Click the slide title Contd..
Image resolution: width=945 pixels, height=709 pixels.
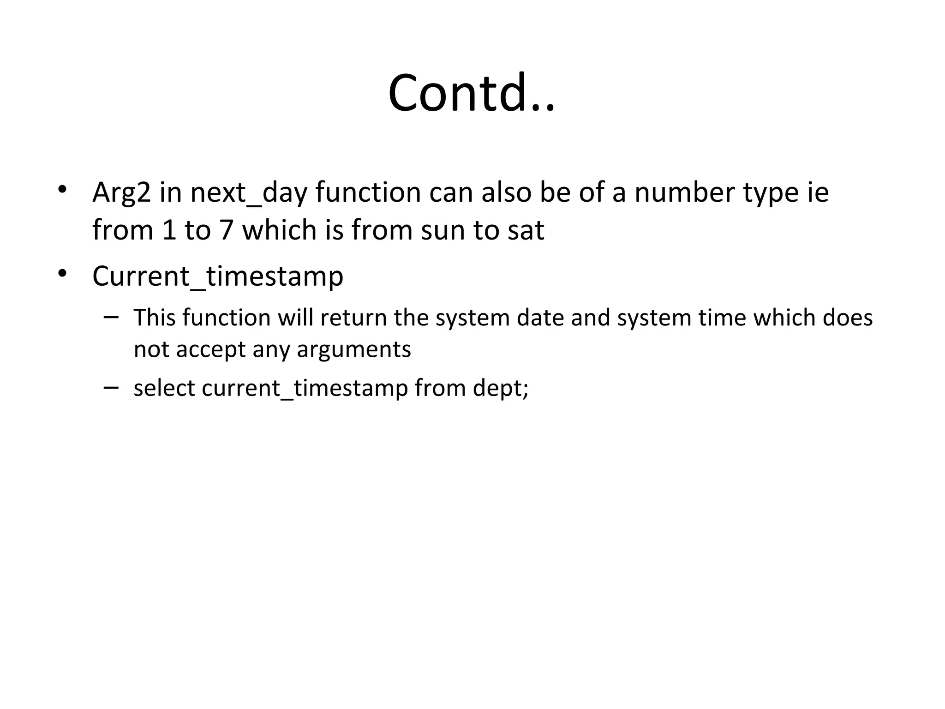pyautogui.click(x=472, y=93)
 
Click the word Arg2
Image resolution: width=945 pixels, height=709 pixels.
pyautogui.click(x=121, y=193)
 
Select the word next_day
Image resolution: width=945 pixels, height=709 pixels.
pyautogui.click(x=248, y=193)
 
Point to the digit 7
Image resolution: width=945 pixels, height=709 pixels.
pyautogui.click(x=226, y=229)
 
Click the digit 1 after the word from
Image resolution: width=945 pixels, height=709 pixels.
pyautogui.click(x=170, y=229)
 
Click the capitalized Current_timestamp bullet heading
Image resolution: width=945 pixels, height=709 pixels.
pyautogui.click(x=218, y=277)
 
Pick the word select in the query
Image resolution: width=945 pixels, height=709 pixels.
pyautogui.click(x=164, y=388)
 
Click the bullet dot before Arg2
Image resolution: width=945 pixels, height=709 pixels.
pyautogui.click(x=62, y=190)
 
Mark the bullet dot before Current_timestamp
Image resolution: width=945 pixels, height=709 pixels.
pyautogui.click(x=62, y=273)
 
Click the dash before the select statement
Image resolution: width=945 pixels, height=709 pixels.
pyautogui.click(x=111, y=387)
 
